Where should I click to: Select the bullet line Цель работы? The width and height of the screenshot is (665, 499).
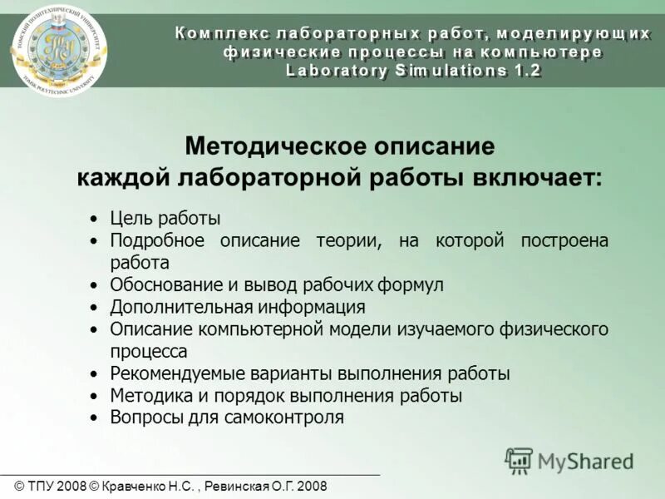[165, 219]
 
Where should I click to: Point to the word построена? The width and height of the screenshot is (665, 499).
[564, 240]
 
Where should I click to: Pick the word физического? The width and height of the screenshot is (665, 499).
[554, 329]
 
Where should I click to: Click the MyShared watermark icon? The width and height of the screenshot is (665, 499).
[519, 460]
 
